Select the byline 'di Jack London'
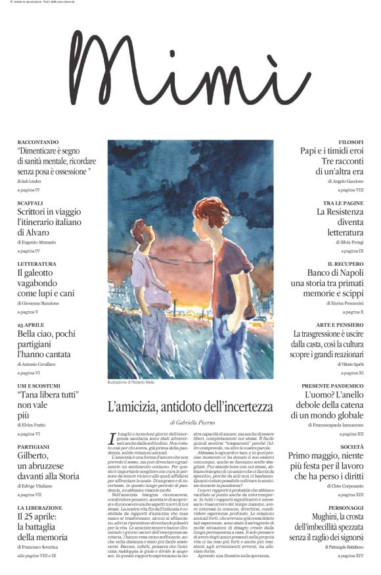pos(31,180)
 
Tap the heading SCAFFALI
pos(30,203)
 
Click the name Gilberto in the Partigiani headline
pos(34,455)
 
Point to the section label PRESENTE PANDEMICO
pos(332,386)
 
